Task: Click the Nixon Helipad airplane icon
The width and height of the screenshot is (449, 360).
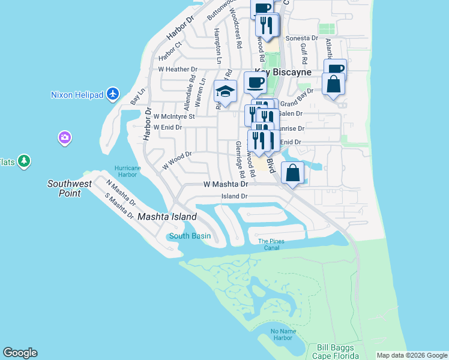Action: pyautogui.click(x=113, y=94)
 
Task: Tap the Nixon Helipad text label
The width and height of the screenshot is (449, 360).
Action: pyautogui.click(x=77, y=95)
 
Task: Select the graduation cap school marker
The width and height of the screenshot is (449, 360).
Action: pyautogui.click(x=225, y=92)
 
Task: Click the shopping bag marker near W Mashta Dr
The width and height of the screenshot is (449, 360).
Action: pyautogui.click(x=292, y=173)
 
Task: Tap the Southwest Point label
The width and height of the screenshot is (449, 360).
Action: pyautogui.click(x=70, y=188)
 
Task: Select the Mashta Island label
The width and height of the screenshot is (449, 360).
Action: pyautogui.click(x=167, y=217)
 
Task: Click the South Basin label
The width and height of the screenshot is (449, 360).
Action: pyautogui.click(x=190, y=236)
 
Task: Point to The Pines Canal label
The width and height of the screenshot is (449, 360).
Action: pyautogui.click(x=271, y=244)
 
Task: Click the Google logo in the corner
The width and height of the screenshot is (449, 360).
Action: pyautogui.click(x=20, y=353)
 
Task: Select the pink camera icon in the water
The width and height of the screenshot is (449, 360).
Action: pyautogui.click(x=64, y=139)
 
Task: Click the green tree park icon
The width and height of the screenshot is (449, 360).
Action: pyautogui.click(x=24, y=161)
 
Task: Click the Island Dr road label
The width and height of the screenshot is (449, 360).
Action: pyautogui.click(x=235, y=196)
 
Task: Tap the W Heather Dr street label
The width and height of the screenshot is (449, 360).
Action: pyautogui.click(x=178, y=70)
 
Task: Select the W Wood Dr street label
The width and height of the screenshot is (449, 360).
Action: pyautogui.click(x=176, y=158)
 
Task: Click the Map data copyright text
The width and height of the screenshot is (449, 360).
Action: pyautogui.click(x=412, y=355)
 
